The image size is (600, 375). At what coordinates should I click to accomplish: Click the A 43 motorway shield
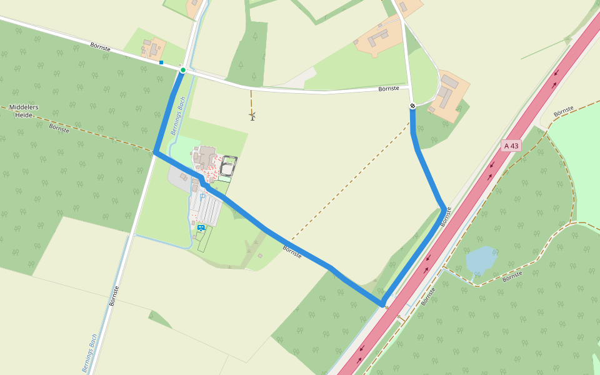(x=511, y=146)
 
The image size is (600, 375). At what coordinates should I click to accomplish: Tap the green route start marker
(x=182, y=70)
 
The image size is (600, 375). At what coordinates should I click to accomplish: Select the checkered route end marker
(x=412, y=106)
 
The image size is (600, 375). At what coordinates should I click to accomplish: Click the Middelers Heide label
(x=24, y=111)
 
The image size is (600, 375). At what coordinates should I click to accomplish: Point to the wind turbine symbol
(x=252, y=116)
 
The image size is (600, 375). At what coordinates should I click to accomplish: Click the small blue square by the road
(x=161, y=62)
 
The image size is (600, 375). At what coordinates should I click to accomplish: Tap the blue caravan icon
(x=201, y=227)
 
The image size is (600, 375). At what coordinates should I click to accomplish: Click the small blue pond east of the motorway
(x=481, y=260)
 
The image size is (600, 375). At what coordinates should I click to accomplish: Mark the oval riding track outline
(x=228, y=166)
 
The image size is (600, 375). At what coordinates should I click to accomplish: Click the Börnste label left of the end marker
(x=389, y=89)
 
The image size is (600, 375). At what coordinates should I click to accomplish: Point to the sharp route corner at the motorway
(x=382, y=304)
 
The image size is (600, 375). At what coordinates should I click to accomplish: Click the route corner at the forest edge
(x=155, y=152)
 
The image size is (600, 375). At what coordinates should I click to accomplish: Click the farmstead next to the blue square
(x=153, y=49)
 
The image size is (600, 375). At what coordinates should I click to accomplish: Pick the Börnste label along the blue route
(x=292, y=252)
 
